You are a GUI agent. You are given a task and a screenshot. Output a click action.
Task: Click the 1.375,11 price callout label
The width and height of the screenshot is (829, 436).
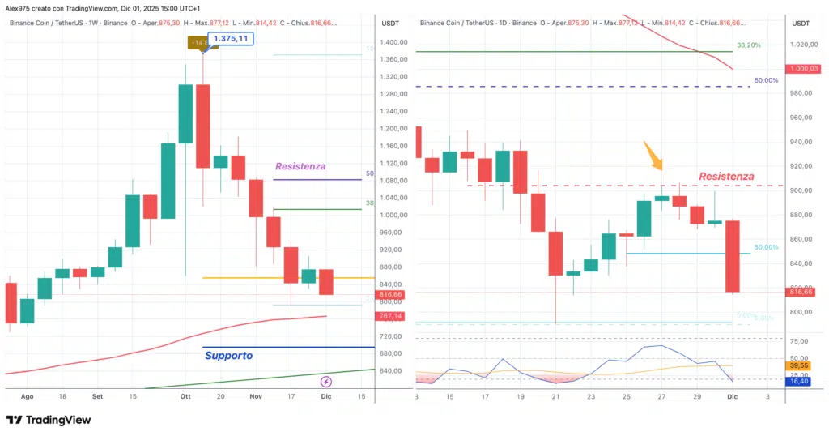coord(231,39)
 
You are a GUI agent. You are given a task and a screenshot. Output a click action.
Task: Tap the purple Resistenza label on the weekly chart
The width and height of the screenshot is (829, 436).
coord(300,166)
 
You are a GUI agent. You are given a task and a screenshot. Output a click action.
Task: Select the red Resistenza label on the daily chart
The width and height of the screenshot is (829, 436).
coord(726,176)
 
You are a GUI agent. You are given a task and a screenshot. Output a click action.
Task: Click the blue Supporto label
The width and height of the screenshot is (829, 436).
coord(228,356)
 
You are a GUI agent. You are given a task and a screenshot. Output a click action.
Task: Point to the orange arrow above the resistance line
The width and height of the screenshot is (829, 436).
coord(653,156)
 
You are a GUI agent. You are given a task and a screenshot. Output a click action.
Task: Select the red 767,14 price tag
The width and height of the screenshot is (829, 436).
coord(391,316)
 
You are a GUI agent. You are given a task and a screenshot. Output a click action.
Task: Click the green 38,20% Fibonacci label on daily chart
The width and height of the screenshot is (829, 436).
coord(748,45)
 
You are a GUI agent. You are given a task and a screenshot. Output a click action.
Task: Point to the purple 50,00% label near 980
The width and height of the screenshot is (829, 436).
coord(766,81)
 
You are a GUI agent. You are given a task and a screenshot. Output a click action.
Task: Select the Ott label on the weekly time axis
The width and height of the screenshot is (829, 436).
coord(185,397)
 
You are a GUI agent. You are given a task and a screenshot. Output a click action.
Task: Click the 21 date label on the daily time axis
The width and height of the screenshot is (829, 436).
coord(555,397)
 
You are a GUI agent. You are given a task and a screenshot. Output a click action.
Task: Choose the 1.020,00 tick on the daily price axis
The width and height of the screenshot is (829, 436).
coord(801,45)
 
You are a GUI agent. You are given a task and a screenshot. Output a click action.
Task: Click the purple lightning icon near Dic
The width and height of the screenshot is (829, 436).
coord(326,382)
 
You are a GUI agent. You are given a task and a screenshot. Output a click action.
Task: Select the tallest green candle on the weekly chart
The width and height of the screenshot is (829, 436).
coord(185,113)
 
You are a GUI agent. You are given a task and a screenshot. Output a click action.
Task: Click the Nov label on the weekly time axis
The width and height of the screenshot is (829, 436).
coord(257,397)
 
